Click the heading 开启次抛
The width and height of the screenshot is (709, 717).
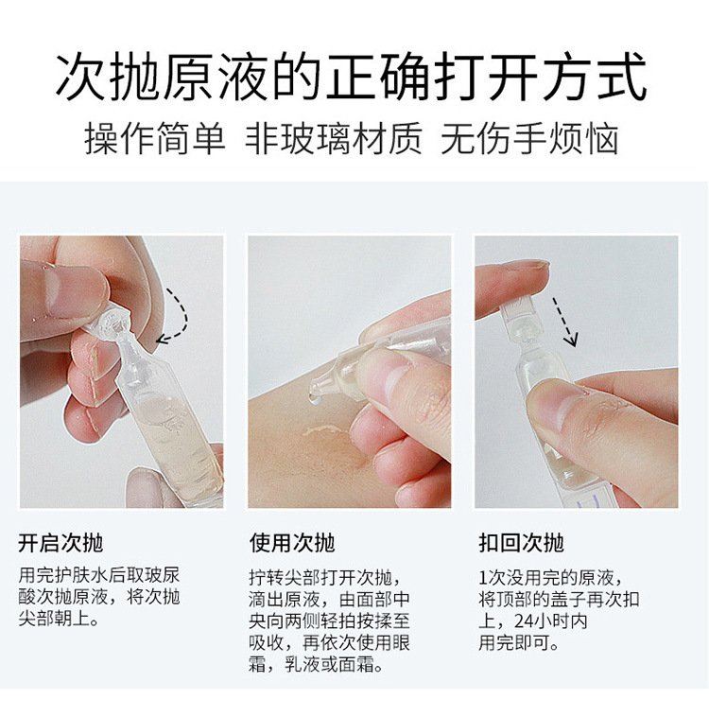pos(61,543)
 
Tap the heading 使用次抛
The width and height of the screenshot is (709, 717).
pos(292,543)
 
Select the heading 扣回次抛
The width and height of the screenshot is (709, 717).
pos(521,543)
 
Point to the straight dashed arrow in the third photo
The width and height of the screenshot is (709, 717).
pos(564,322)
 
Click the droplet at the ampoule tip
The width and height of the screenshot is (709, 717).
pos(313,398)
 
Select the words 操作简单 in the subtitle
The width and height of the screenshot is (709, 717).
pos(154,138)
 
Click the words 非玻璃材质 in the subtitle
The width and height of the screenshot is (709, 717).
pos(334,138)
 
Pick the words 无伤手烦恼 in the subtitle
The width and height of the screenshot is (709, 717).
pos(529,138)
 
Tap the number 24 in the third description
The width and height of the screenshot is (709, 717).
pos(525,621)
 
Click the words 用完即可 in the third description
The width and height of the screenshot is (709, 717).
pos(514,643)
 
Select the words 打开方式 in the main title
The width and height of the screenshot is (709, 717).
pos(541,77)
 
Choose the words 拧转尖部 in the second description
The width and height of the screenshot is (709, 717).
pos(285,577)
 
